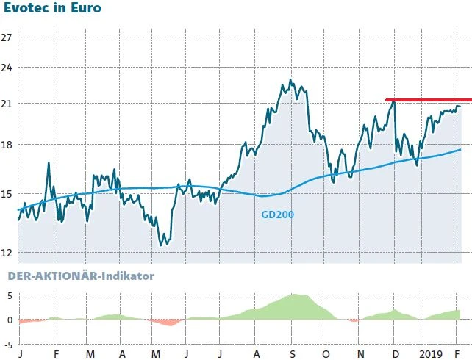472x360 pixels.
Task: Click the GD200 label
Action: [x=277, y=215]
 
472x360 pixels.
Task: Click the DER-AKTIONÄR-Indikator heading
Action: [x=81, y=276]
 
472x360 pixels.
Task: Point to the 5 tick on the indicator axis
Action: [x=10, y=295]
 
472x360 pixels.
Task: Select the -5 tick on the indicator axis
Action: [x=8, y=343]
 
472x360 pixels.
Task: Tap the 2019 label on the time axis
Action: [x=431, y=353]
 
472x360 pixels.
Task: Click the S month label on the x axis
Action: [x=292, y=353]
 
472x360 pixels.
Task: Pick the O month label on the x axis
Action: [x=325, y=353]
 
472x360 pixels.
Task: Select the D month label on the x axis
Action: [x=394, y=353]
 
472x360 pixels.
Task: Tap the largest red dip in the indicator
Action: [x=169, y=323]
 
